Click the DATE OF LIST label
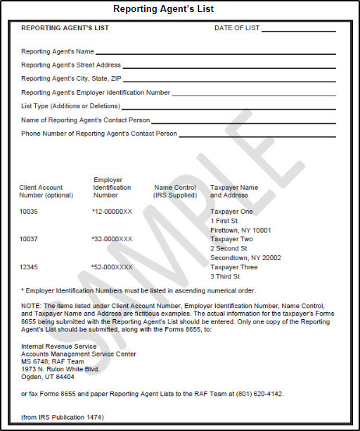[x=237, y=28]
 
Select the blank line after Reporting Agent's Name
[x=215, y=53]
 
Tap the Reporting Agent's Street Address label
[x=71, y=65]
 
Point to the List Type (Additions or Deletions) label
[x=71, y=106]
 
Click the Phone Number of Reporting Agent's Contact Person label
[x=99, y=133]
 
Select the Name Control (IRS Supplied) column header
[x=175, y=191]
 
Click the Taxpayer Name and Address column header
[x=234, y=191]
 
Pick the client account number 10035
[x=29, y=212]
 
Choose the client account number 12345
[x=29, y=267]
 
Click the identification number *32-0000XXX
[x=112, y=239]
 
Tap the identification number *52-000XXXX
[x=112, y=267]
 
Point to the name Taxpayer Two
[x=232, y=239]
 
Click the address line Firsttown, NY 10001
[x=240, y=230]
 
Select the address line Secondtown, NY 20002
[x=245, y=258]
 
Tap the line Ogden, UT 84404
[x=48, y=376]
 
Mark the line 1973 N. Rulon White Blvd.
[x=60, y=368]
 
